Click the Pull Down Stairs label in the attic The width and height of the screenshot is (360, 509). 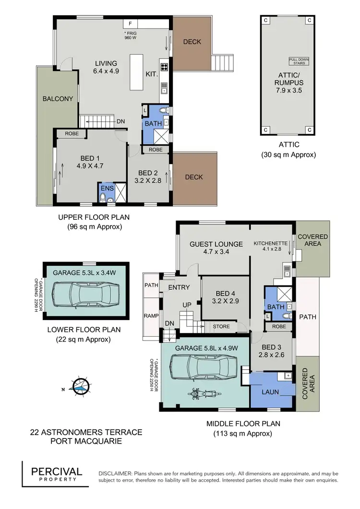(x=299, y=61)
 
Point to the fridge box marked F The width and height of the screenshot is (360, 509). (x=130, y=23)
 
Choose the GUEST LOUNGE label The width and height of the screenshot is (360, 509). (x=216, y=244)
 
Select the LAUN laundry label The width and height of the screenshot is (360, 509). (x=270, y=392)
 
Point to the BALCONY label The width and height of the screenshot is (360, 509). (x=58, y=99)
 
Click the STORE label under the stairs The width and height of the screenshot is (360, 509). (x=221, y=327)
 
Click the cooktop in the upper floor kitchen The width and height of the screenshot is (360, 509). (x=163, y=67)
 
